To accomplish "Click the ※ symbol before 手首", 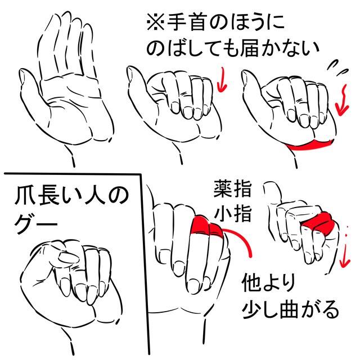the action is point(155,22).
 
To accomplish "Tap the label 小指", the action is point(232,213).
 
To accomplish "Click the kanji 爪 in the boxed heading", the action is point(25,196).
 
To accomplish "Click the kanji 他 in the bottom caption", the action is point(252,282).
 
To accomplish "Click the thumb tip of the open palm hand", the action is point(22,75).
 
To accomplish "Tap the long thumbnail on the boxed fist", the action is point(67,257).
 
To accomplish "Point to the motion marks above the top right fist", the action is point(337,67).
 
